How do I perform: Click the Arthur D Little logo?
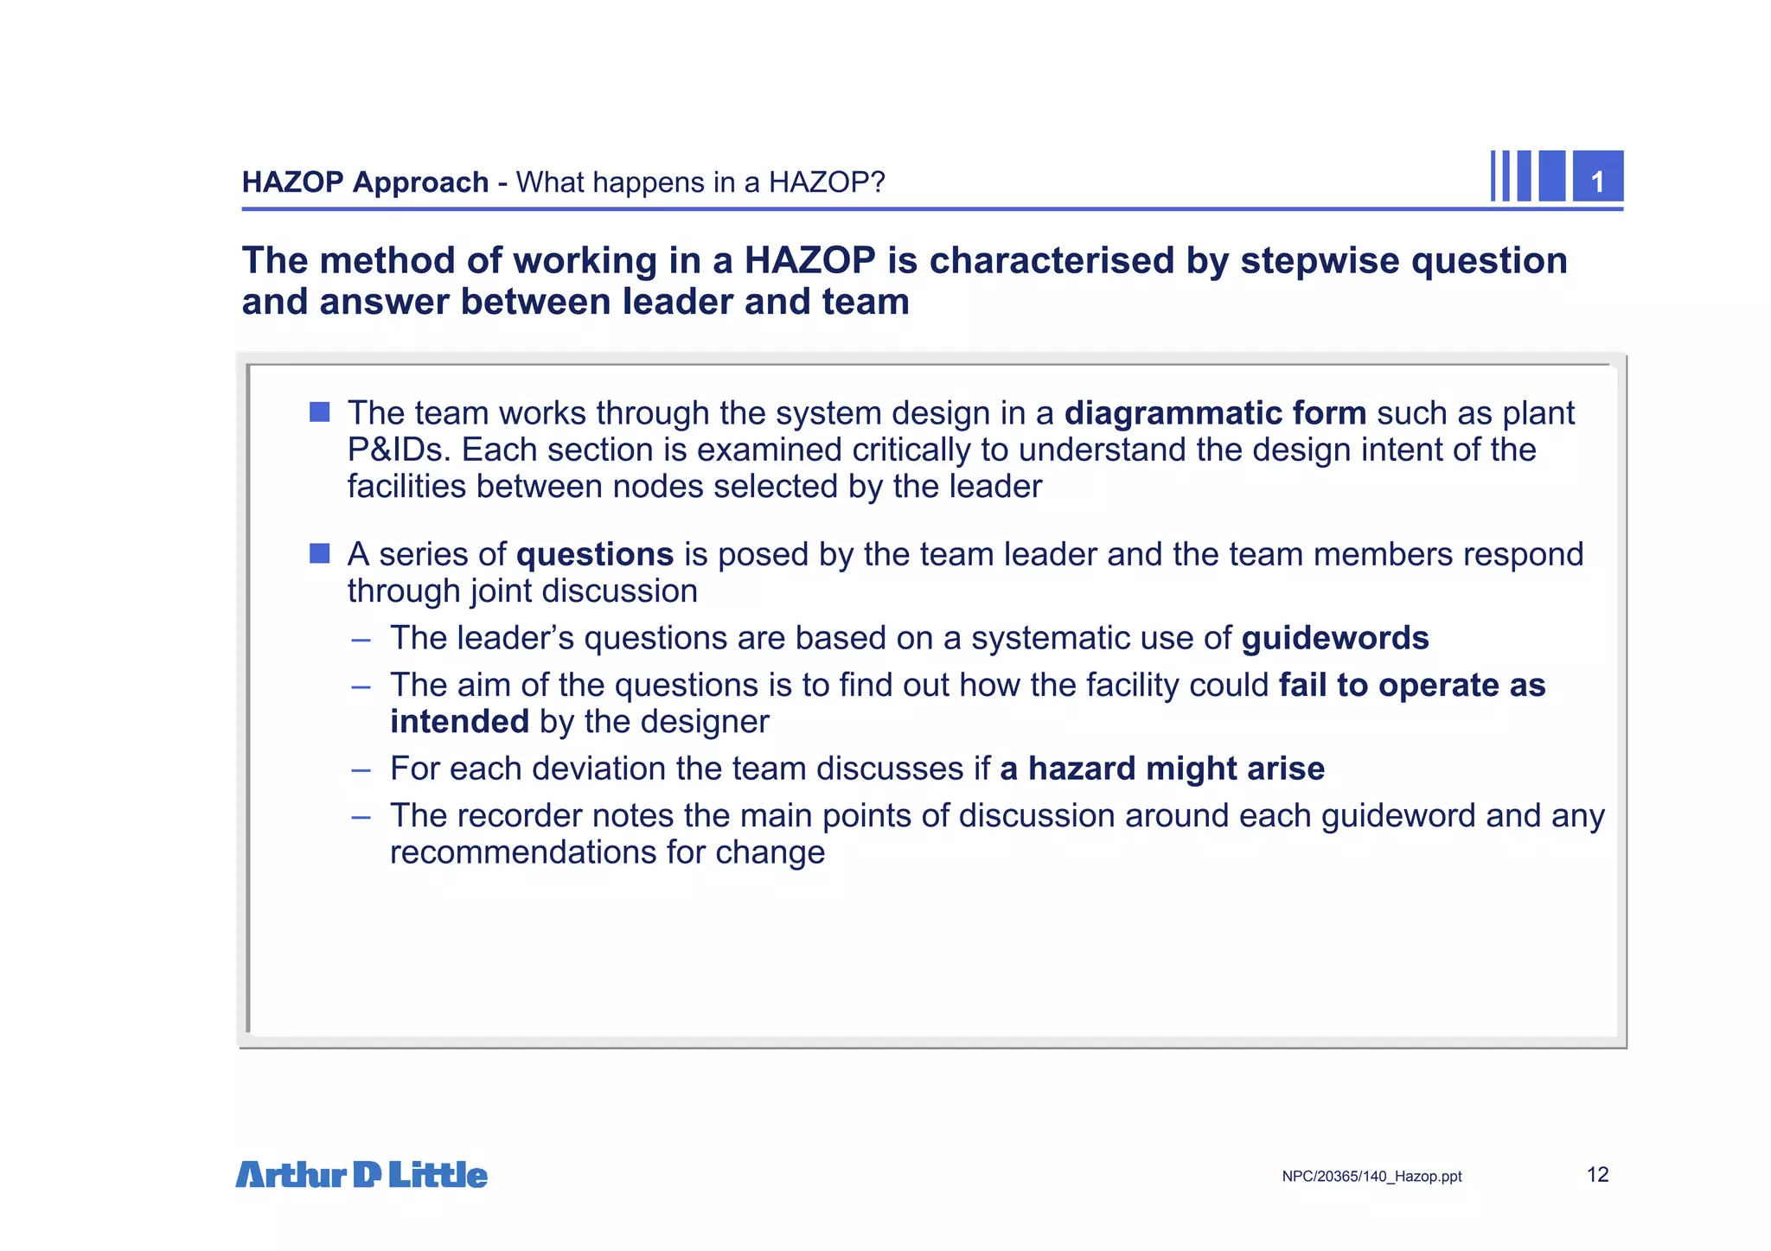click(x=361, y=1175)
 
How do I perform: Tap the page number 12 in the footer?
click(x=1597, y=1175)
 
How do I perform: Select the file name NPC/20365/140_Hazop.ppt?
click(x=1371, y=1177)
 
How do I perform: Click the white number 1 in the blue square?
click(x=1597, y=182)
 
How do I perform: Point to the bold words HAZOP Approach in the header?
click(x=365, y=182)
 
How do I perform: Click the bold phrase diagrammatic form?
click(x=1215, y=413)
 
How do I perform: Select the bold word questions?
click(x=594, y=554)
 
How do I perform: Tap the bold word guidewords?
click(x=1335, y=638)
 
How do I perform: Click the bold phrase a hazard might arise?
click(x=1161, y=769)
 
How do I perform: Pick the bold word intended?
click(x=459, y=722)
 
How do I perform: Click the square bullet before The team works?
click(x=320, y=412)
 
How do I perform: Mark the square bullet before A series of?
click(x=320, y=553)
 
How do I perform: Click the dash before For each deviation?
click(x=361, y=769)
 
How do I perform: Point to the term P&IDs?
click(x=399, y=450)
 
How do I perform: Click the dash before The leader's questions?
click(x=361, y=640)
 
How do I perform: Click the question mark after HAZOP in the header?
click(x=877, y=182)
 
